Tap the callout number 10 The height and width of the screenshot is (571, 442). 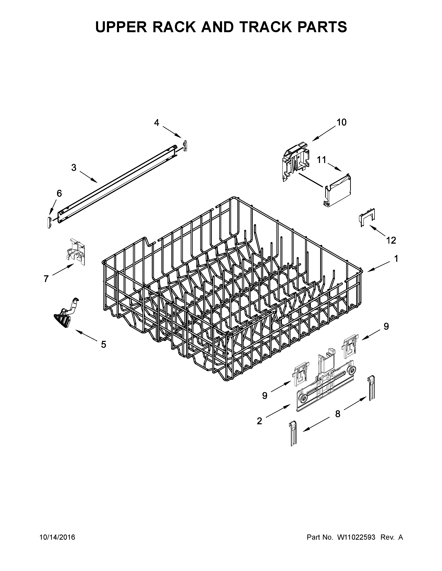tap(341, 122)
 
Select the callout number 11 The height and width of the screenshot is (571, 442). tap(322, 160)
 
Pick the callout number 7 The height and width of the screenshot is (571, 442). tap(46, 279)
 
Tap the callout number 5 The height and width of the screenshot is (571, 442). tap(104, 344)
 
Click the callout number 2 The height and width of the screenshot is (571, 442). tap(259, 421)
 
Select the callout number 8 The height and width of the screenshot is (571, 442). tap(338, 414)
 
